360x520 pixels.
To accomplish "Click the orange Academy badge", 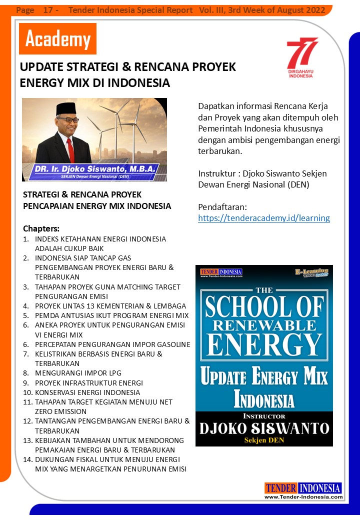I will coord(57,39).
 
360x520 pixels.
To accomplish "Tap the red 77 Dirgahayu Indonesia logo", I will coord(301,57).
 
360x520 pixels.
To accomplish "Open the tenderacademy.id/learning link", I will coord(263,218).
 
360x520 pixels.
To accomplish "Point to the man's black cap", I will coord(66,108).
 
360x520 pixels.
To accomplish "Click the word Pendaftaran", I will coord(221,207).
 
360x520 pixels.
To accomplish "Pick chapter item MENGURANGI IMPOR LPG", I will coord(78,373).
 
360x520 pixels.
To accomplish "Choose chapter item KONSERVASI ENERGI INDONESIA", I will coord(87,392).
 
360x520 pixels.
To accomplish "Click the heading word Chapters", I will coord(41,228).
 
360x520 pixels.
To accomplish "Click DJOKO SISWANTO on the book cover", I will coord(264,428).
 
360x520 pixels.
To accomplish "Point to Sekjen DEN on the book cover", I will coord(263,440).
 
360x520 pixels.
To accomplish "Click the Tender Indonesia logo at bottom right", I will coord(303,488).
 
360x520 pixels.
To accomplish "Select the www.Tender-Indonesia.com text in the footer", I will coord(303,497).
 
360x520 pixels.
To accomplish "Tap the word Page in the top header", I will coord(25,10).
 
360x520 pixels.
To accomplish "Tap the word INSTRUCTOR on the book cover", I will coord(263,416).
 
